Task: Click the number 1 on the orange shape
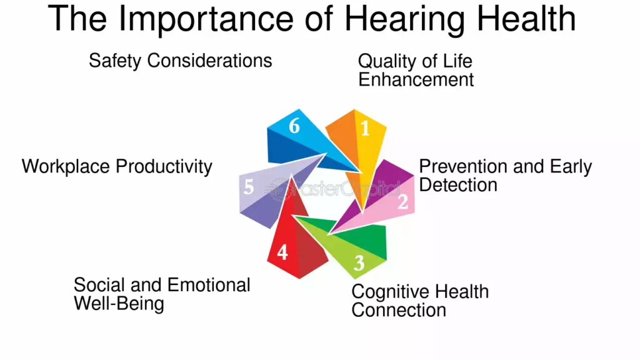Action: click(x=365, y=129)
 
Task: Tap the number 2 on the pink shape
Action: click(x=403, y=202)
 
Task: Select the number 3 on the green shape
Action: click(x=359, y=263)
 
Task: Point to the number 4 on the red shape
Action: click(x=282, y=252)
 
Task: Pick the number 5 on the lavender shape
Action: click(x=249, y=187)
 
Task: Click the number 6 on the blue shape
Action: click(x=294, y=126)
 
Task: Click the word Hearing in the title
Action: click(x=404, y=19)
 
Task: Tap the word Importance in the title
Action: click(x=206, y=19)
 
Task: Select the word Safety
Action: click(x=116, y=61)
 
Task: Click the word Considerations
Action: click(x=209, y=61)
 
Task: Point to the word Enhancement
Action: click(x=416, y=79)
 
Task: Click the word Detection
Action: click(x=458, y=185)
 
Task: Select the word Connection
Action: click(x=399, y=310)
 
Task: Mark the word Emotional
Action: click(x=209, y=285)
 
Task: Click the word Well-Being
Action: click(x=119, y=304)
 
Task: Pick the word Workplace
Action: click(x=66, y=167)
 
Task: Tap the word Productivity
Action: click(x=164, y=167)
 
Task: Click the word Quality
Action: click(x=387, y=62)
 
